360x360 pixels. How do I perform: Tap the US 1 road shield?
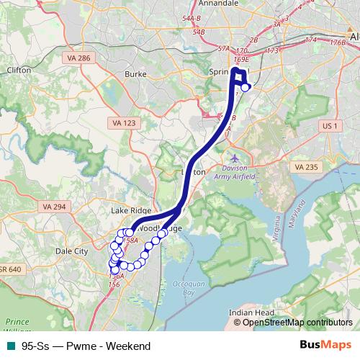330,126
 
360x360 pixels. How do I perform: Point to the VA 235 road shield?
305,166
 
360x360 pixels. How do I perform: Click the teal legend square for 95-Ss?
9,346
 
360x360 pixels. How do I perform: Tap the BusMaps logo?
330,346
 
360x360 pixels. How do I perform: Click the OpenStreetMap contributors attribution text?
297,323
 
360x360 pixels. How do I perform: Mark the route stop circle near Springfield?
246,87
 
